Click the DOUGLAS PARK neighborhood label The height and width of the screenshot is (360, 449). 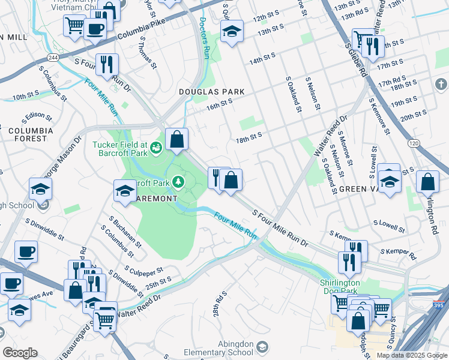coord(212,92)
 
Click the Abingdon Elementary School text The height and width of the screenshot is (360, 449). coord(224,349)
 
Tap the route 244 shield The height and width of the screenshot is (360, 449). coord(53,56)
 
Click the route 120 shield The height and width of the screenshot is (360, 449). coord(413,144)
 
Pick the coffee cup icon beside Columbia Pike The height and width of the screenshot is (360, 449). coord(95,28)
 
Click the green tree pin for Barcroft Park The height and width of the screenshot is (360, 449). coord(178,181)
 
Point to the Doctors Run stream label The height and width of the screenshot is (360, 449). coord(203,39)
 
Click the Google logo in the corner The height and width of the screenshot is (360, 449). coord(20,353)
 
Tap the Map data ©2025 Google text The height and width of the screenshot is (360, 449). coord(412,355)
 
